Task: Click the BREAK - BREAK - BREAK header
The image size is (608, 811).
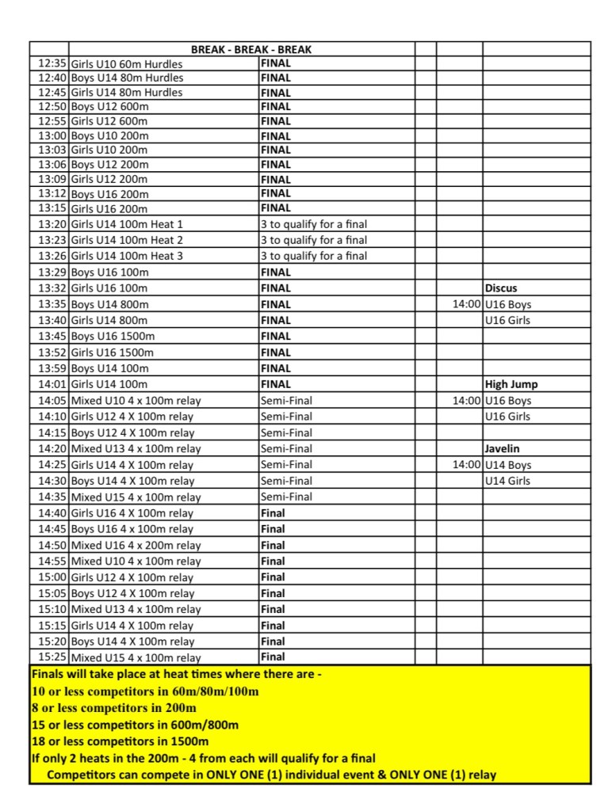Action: click(251, 49)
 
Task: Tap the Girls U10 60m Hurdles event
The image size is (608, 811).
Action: click(127, 63)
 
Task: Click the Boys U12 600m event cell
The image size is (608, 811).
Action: click(110, 107)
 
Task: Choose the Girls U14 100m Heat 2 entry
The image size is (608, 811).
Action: click(127, 240)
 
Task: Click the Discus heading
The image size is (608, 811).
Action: click(501, 288)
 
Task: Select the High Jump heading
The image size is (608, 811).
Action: click(511, 384)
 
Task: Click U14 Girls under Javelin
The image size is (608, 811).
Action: click(508, 481)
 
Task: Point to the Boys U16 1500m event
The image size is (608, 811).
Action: click(113, 337)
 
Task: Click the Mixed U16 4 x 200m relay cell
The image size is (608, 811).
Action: click(136, 545)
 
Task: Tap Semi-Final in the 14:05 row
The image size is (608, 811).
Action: click(286, 401)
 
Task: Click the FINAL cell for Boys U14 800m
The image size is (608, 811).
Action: click(276, 304)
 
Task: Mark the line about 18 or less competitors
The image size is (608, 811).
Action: click(120, 741)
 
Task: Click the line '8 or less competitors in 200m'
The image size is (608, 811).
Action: click(114, 708)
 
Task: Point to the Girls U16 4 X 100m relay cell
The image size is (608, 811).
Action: click(132, 513)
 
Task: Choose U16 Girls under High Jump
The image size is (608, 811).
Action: click(508, 417)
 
